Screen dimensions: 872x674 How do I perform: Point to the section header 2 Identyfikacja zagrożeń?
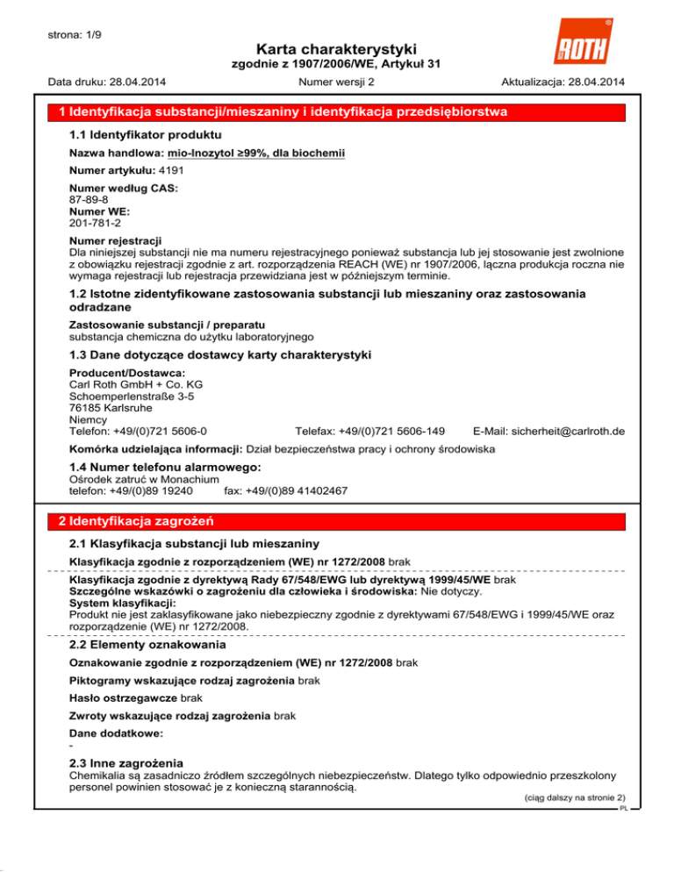coord(140,521)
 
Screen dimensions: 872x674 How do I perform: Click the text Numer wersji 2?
coord(337,82)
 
